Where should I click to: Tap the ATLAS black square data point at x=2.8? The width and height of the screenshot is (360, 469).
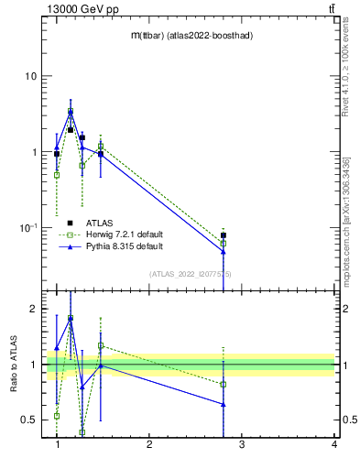pyautogui.click(x=224, y=235)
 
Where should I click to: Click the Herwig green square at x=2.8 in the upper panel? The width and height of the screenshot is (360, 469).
pyautogui.click(x=224, y=244)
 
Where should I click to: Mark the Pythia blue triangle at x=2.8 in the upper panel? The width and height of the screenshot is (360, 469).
pyautogui.click(x=224, y=251)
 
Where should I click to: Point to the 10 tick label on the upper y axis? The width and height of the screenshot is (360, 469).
pyautogui.click(x=30, y=76)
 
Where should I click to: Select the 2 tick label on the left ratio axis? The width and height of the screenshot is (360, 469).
pyautogui.click(x=34, y=310)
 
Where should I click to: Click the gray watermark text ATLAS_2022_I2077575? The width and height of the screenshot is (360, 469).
pyautogui.click(x=191, y=274)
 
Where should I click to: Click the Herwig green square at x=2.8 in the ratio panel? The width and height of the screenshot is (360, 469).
pyautogui.click(x=224, y=384)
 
